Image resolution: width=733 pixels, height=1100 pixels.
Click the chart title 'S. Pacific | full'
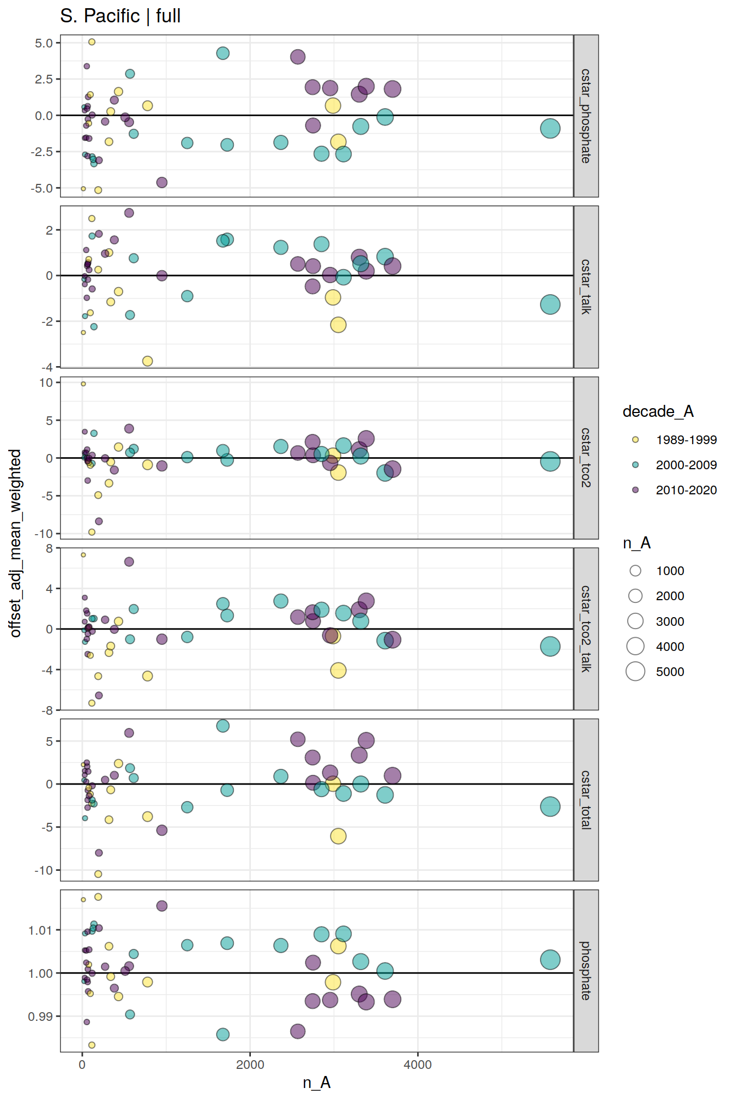pos(120,16)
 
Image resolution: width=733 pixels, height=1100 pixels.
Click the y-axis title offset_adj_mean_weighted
pos(15,543)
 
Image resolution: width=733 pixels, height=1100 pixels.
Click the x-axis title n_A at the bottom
pos(316,1083)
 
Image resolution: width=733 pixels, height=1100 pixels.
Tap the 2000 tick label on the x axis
pos(250,1065)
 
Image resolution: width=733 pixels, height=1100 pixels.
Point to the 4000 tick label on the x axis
pos(418,1065)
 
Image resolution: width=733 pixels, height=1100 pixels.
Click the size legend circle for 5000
pos(635,672)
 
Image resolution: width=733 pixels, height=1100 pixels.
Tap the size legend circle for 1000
pos(635,571)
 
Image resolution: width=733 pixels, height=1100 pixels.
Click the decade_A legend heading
pos(658,411)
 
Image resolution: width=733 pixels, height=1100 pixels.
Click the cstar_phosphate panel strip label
pos(586,116)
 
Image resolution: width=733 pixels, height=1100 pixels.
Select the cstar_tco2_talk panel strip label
pos(586,629)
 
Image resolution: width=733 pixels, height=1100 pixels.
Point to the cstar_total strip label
pos(586,800)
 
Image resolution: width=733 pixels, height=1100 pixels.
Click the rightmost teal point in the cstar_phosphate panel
pos(550,129)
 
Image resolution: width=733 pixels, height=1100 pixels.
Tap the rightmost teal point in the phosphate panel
pos(550,959)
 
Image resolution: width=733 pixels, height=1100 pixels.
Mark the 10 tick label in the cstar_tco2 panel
pos(46,383)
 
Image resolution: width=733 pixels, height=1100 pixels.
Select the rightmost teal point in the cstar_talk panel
pos(550,304)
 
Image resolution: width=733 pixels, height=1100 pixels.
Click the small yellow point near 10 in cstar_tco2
pos(83,384)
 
